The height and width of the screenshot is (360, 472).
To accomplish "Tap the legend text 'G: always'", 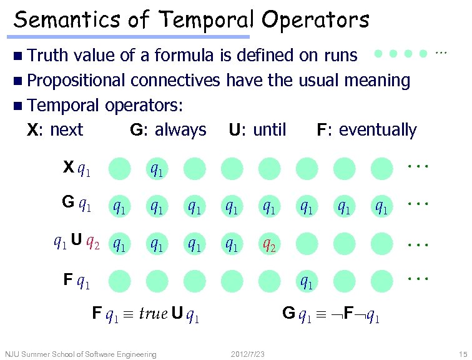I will [x=168, y=130].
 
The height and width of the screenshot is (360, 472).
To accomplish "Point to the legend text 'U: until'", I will [x=257, y=130].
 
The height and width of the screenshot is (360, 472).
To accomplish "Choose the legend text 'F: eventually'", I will [x=366, y=130].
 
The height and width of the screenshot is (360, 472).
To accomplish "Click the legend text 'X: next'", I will [x=55, y=130].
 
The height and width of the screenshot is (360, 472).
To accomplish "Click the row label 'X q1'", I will [x=77, y=168].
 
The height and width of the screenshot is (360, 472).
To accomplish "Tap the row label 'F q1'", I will [x=77, y=282].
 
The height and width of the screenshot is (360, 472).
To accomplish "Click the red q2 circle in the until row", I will [x=270, y=244].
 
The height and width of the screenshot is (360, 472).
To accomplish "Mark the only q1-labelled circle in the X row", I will [x=157, y=169].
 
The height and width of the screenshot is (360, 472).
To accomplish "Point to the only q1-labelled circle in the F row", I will [x=307, y=282].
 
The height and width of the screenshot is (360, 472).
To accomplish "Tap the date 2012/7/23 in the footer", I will [x=247, y=354].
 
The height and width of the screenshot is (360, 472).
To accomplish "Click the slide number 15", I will [x=462, y=354].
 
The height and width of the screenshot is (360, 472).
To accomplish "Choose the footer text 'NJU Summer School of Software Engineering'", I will [x=81, y=354].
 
